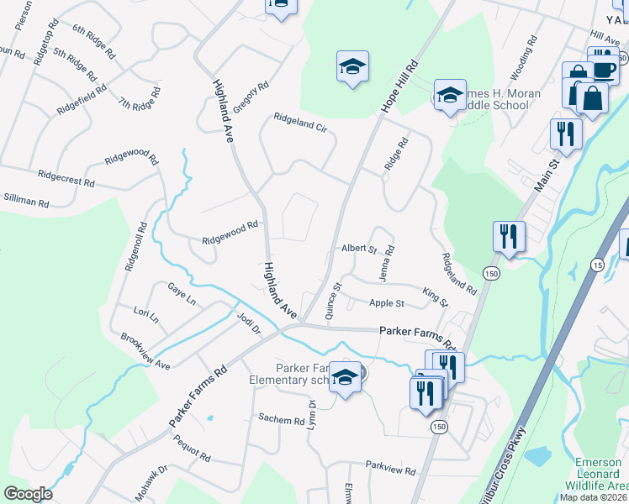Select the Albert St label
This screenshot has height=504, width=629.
coord(359,249)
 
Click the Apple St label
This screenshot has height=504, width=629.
coord(387,303)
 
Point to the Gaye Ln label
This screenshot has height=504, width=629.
coord(181,294)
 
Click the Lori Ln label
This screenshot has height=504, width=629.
coord(146,316)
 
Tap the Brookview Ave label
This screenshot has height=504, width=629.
coord(145,352)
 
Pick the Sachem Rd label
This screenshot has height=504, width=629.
coord(281,419)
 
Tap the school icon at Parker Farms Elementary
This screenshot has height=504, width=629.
coord(345,378)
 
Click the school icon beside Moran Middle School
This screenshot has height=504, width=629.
coord(450,96)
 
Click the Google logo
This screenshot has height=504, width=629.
coord(29,494)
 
